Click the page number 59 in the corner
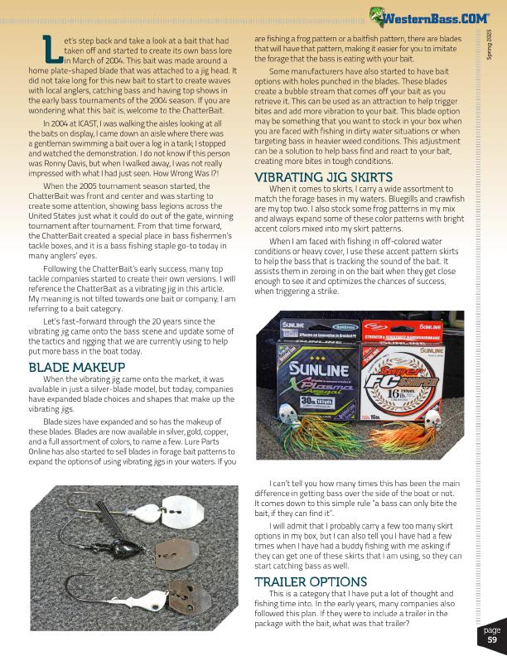(491, 639)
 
